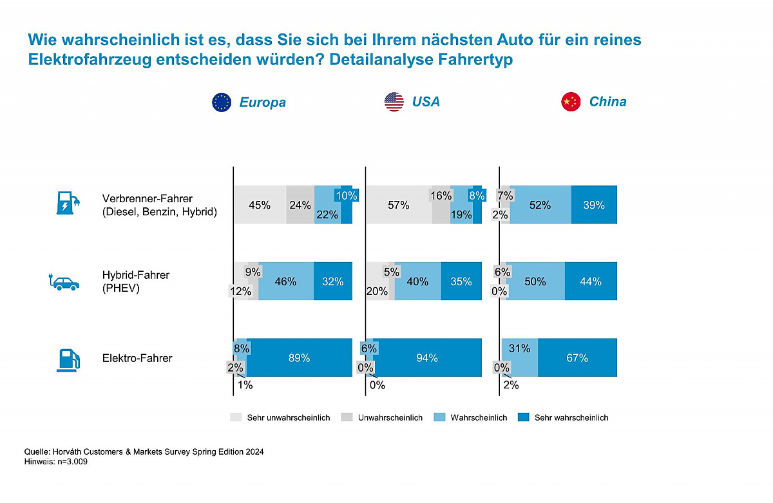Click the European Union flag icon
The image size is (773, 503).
(x=222, y=102)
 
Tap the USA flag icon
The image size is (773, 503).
(x=394, y=102)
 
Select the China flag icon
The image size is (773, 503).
(x=571, y=102)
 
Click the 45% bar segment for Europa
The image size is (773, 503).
(x=260, y=205)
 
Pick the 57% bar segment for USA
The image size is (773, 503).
(x=399, y=205)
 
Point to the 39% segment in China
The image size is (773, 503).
(x=594, y=205)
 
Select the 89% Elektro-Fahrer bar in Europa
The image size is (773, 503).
(x=300, y=357)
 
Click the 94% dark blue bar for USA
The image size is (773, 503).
(x=427, y=357)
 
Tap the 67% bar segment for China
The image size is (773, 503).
(x=577, y=357)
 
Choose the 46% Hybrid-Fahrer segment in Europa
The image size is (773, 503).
(x=286, y=281)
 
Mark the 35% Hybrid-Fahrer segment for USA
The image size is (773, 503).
(x=461, y=281)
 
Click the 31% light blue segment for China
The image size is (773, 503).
(x=520, y=357)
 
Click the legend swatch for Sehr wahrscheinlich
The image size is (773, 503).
(x=524, y=417)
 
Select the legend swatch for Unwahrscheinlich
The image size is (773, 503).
(x=347, y=417)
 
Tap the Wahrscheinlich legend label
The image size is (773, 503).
(x=479, y=418)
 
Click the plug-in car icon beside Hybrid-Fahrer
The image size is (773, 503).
(x=64, y=282)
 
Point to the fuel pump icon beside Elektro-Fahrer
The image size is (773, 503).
(x=68, y=361)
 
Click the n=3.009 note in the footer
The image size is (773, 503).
(x=72, y=462)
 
